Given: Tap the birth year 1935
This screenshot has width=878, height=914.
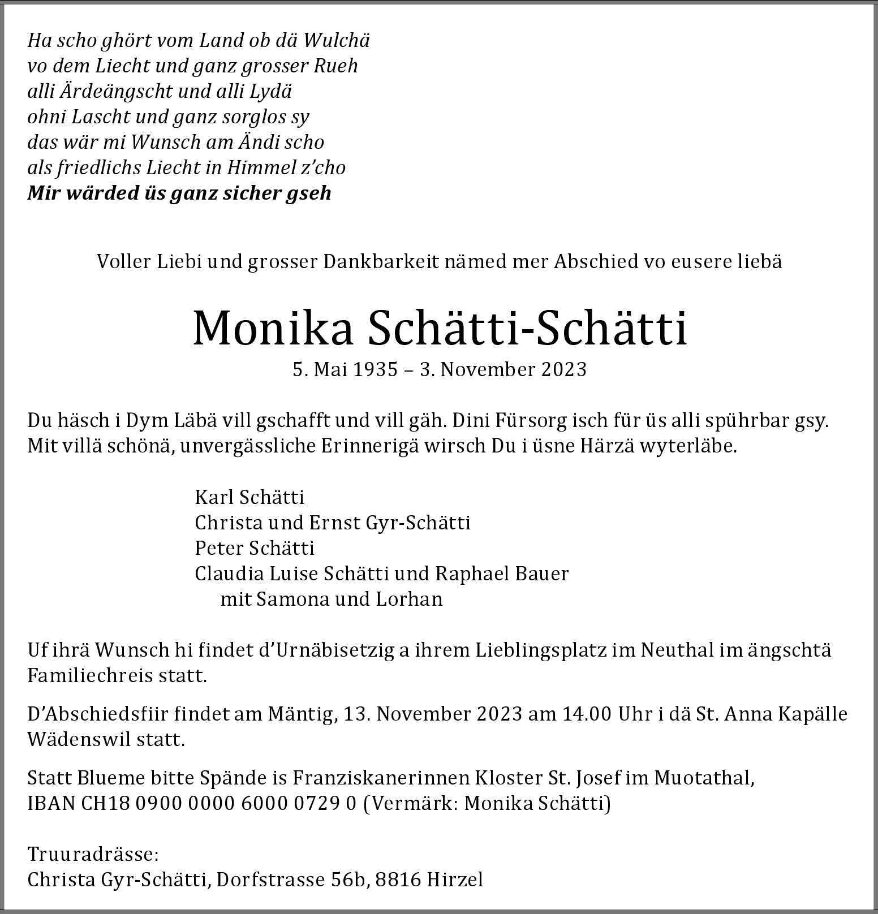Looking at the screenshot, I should coord(376,370).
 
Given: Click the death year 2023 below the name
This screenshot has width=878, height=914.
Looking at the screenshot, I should coord(564,370).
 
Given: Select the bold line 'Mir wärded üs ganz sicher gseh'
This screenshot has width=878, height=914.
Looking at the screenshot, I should coord(179,193).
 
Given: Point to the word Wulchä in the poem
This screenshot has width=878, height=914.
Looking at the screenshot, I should coord(336,41).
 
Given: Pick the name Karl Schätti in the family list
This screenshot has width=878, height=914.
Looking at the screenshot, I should coord(249,498).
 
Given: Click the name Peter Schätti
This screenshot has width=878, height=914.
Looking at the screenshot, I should coord(255,548).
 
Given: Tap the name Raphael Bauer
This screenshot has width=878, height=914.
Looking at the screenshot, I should coord(502,574).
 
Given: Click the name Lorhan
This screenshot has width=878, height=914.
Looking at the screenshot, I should coord(410,599).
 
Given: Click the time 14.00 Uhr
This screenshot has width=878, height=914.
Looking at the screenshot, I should coord(604,714).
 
